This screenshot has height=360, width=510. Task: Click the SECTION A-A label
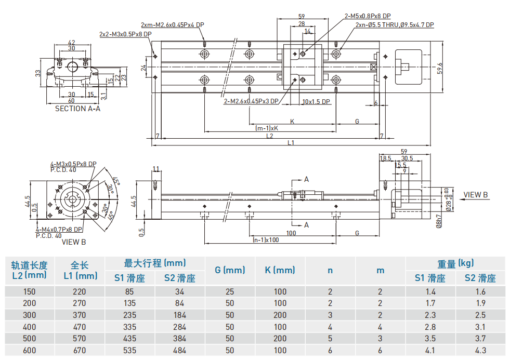[x=77, y=109]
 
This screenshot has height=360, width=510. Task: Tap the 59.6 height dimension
[x=440, y=68]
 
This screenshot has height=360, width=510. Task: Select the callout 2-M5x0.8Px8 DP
[x=368, y=16]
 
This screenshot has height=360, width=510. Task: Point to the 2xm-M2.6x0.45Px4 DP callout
[x=172, y=24]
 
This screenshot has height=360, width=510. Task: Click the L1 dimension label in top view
[x=291, y=142]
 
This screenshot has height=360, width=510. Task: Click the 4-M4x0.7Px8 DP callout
[x=59, y=229]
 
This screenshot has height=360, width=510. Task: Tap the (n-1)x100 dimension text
[x=265, y=240]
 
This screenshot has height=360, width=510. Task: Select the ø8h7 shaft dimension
[x=438, y=220]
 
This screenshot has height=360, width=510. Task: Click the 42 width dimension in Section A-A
[x=72, y=43]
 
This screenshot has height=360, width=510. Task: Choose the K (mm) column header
[x=280, y=270]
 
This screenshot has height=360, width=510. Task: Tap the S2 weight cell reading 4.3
[x=480, y=351]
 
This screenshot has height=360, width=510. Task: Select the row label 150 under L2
[x=29, y=291]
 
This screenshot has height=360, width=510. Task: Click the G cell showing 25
[x=229, y=291]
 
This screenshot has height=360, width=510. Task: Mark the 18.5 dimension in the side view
[x=385, y=158]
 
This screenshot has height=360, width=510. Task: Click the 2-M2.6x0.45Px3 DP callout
[x=251, y=101]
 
